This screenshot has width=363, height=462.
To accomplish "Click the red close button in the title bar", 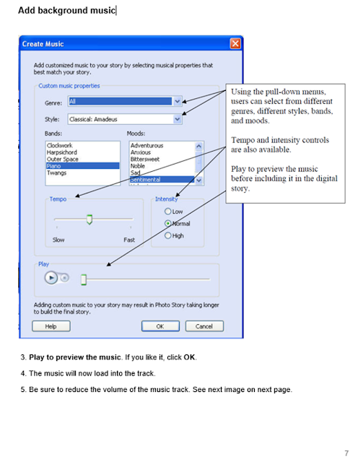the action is coord(235,44).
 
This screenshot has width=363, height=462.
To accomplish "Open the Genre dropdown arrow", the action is coord(177,101).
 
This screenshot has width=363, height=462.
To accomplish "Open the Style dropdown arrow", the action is coord(177,119).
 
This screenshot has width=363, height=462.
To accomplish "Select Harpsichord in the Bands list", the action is coord(61,152).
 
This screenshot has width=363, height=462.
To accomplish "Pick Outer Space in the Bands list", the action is coord(63,159).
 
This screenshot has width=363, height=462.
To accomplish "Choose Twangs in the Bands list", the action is coord(56,173).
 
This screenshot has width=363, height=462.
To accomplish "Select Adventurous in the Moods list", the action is coord(146,146).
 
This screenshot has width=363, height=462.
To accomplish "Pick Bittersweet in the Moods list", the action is coord(145,159).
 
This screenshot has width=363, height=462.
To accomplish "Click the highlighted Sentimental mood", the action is coord(145,180).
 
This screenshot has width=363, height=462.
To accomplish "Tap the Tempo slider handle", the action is coord(89,219).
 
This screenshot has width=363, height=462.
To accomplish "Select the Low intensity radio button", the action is coord(167,212).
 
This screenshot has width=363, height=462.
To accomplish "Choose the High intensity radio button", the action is coord(167,235).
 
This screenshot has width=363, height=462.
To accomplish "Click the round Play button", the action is coord(51,278).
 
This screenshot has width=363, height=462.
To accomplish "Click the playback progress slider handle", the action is coord(84,279).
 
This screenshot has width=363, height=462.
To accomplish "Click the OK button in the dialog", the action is coord(160,326).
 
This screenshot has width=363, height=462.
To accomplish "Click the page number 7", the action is coord(346,453).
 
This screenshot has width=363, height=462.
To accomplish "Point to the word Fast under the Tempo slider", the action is coord(129,240).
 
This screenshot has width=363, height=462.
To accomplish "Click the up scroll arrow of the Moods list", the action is coord(199,146).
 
